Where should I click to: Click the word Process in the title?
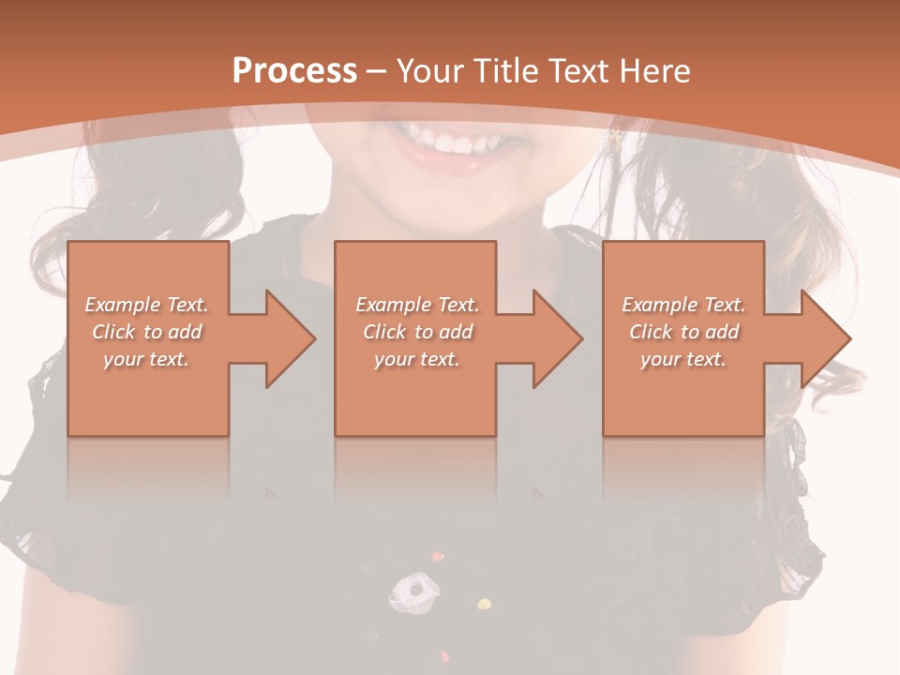[x=294, y=71]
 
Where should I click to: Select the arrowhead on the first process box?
[x=287, y=338]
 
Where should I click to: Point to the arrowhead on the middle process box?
[x=555, y=338]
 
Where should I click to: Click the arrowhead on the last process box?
[x=823, y=338]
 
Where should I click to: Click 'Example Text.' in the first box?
[x=146, y=305]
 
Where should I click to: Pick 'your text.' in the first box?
[x=146, y=359]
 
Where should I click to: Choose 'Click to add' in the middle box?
[x=417, y=332]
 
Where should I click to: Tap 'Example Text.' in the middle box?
[x=417, y=305]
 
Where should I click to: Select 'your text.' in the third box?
[x=683, y=359]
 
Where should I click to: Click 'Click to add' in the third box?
[x=683, y=332]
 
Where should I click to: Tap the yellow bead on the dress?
[x=484, y=603]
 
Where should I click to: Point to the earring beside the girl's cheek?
[x=615, y=138]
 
